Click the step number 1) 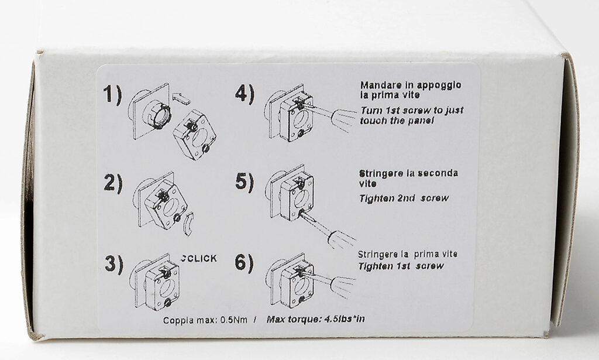[x=112, y=95]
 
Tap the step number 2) [x=113, y=183]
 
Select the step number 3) [x=114, y=263]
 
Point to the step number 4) [x=245, y=94]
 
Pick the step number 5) [x=245, y=182]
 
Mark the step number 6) [x=244, y=263]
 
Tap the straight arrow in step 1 [x=181, y=98]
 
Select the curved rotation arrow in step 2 [x=188, y=224]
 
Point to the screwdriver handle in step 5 [x=341, y=239]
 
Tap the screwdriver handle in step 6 [x=343, y=285]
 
